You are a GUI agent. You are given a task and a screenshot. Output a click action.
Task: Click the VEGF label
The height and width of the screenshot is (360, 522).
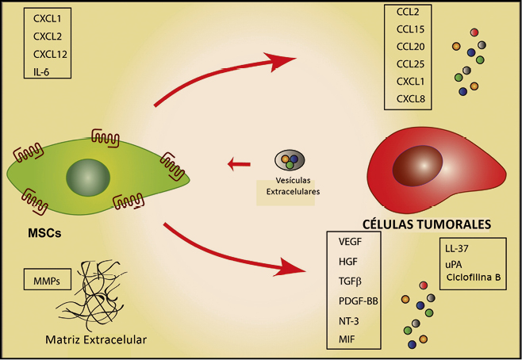[x=351, y=242]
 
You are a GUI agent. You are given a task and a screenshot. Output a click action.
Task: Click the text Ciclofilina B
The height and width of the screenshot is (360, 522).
[x=474, y=277]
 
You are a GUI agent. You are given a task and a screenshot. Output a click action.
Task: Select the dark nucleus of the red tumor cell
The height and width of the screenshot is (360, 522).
[x=418, y=168]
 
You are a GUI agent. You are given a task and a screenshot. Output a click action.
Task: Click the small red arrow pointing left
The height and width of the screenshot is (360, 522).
[x=238, y=165]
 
